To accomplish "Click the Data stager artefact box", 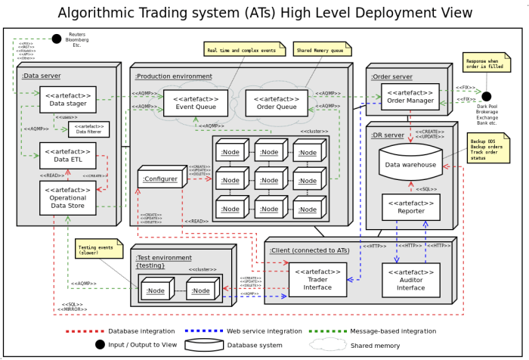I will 67,99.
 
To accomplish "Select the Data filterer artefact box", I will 88,129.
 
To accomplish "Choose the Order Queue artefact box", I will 277,103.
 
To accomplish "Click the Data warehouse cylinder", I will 410,163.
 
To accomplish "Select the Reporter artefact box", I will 410,206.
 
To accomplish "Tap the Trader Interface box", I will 317,280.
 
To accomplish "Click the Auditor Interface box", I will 410,280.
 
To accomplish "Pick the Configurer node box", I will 160,179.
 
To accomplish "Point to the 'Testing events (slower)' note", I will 98,249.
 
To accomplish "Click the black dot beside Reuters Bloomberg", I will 56,39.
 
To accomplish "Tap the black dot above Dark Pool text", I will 486,96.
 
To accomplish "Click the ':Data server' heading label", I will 42,76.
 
